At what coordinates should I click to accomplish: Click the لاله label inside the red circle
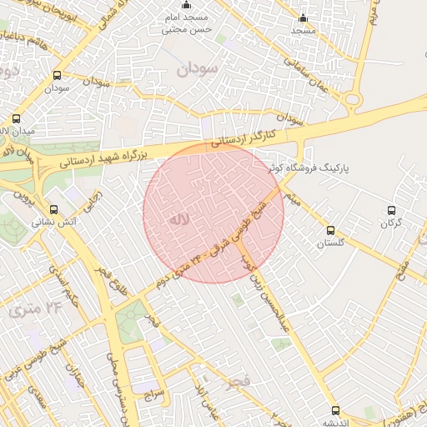point(179,220)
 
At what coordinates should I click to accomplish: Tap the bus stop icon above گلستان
point(330,230)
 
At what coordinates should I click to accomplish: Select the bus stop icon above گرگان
point(392,210)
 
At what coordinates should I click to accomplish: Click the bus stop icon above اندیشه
point(336,410)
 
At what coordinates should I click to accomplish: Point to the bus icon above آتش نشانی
point(54,209)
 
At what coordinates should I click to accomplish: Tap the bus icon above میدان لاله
point(17,118)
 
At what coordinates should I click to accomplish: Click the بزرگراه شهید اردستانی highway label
point(105,156)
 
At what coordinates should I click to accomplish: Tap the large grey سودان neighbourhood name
point(197,68)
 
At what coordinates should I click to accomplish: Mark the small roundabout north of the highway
point(353,101)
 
